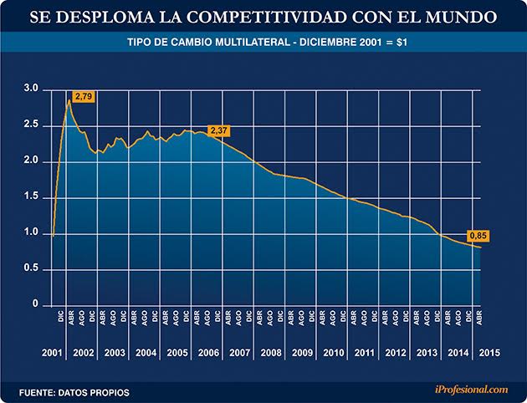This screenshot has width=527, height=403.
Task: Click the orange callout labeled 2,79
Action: pos(83,98)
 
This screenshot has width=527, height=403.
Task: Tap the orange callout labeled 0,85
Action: pos(477,235)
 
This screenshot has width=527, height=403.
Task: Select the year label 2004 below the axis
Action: pos(146,351)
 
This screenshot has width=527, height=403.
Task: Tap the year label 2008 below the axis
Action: pos(270,351)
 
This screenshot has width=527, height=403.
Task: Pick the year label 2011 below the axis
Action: pos(365,351)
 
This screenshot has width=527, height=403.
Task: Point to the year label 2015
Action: pos(491,351)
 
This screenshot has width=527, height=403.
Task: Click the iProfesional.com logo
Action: pos(472,390)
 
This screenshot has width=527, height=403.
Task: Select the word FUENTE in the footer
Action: pos(39,390)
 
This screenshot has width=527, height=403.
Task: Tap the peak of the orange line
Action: pos(69,100)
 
